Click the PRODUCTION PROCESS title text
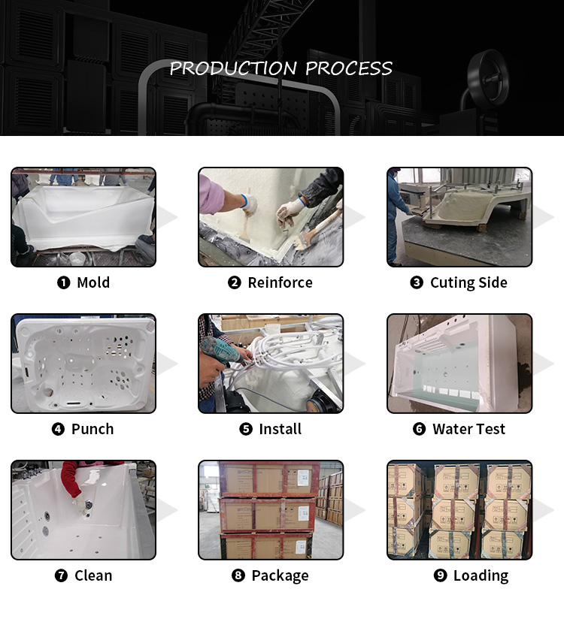[x=281, y=68]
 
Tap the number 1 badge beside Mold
[x=64, y=282]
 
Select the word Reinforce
[x=280, y=282]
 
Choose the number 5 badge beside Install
[x=246, y=429]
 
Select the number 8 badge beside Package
[x=238, y=575]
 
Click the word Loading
[x=481, y=576]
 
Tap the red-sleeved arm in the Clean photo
[x=72, y=479]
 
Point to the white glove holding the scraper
[x=250, y=204]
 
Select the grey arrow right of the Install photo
[x=355, y=364]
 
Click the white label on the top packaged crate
[x=303, y=478]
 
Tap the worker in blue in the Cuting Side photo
[x=396, y=217]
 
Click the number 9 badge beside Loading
[x=440, y=575]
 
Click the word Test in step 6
[x=490, y=429]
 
